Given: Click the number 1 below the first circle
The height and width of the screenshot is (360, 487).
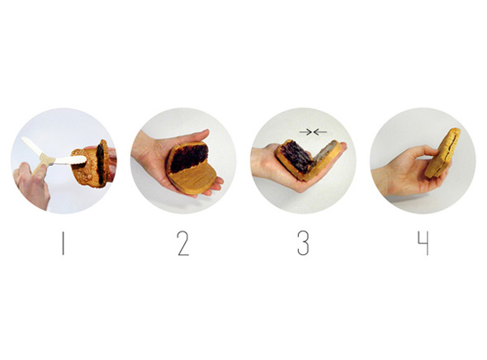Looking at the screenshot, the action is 63,244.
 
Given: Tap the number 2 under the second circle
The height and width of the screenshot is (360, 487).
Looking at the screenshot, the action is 183,244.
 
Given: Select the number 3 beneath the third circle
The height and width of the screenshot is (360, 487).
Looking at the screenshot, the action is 303,244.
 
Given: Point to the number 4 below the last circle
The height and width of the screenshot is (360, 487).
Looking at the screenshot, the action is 423,244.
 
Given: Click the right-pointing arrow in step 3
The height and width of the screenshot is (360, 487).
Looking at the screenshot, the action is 305,132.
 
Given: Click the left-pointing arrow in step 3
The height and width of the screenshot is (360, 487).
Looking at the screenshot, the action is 320,132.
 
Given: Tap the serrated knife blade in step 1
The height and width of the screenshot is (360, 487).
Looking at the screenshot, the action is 70,160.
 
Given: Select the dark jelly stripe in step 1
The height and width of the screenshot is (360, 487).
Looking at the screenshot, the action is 101,163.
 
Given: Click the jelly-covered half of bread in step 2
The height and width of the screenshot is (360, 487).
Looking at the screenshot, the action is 188,158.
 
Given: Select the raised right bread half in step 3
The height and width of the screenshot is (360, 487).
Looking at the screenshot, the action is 323,159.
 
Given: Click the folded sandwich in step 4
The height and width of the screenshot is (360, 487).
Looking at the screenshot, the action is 442,153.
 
